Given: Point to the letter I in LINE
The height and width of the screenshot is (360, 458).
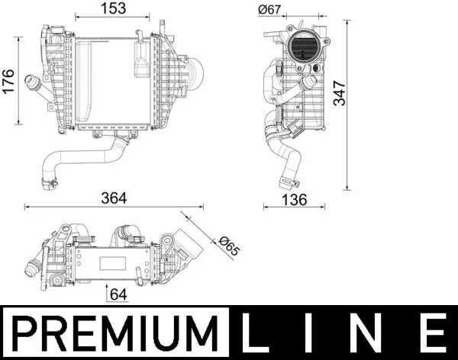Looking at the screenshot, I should (x=317, y=333).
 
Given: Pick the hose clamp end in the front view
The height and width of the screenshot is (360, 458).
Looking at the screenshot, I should (x=50, y=182).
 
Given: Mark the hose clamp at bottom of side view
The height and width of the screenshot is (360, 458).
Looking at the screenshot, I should (x=288, y=182).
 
